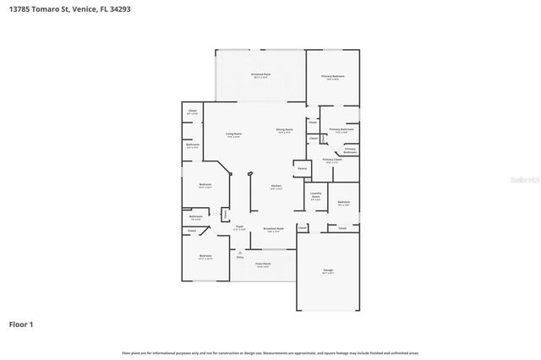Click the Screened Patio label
pyautogui.click(x=260, y=74)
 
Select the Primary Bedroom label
pyautogui.click(x=332, y=76)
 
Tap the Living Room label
pyautogui.click(x=233, y=134)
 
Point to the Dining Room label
pyautogui.click(x=283, y=129)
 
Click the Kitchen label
pyautogui.click(x=276, y=186)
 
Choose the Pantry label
pyautogui.click(x=301, y=168)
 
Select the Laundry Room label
pyautogui.click(x=315, y=194)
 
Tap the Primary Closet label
pyautogui.click(x=332, y=159)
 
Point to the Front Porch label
pyautogui.click(x=262, y=264)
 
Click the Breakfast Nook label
pyautogui.click(x=273, y=228)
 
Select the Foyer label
pyautogui.click(x=239, y=226)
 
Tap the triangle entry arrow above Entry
pyautogui.click(x=239, y=252)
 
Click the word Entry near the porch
pyautogui.click(x=239, y=257)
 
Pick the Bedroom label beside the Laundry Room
pyautogui.click(x=344, y=202)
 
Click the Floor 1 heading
pyautogui.click(x=21, y=324)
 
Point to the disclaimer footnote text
pyautogui.click(x=270, y=352)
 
